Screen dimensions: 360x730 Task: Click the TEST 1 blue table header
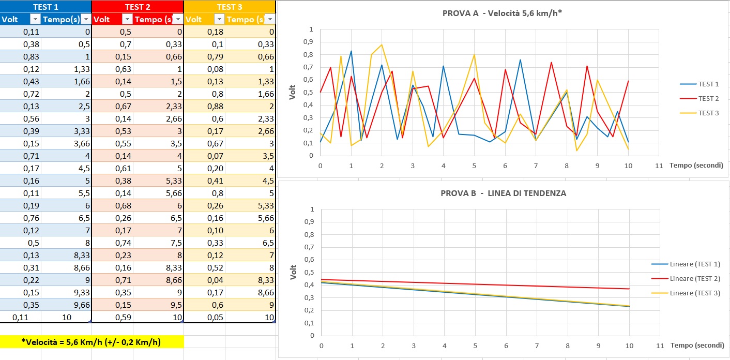click(x=46, y=7)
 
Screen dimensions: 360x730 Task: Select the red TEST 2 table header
click(x=138, y=7)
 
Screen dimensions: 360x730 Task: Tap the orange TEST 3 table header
click(x=230, y=7)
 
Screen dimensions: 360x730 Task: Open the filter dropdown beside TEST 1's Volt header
click(x=35, y=19)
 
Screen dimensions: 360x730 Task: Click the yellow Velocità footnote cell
click(x=92, y=341)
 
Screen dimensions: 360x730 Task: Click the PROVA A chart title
click(x=502, y=13)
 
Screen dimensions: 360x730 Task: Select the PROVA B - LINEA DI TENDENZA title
click(x=503, y=193)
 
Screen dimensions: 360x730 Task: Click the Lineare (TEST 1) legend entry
click(x=694, y=264)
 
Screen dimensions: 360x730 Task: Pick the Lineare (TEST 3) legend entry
click(x=694, y=293)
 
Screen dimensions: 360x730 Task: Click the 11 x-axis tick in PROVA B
click(x=658, y=345)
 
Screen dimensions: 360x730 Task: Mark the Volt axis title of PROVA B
click(x=293, y=272)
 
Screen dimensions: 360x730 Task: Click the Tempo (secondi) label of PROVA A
click(x=696, y=165)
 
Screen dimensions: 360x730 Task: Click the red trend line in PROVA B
click(x=476, y=284)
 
